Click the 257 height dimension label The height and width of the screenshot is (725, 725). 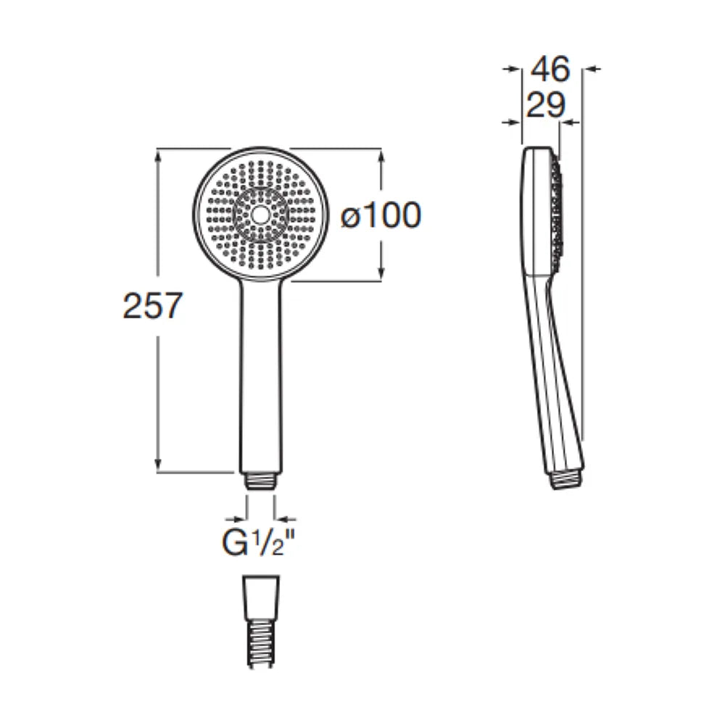tap(152, 306)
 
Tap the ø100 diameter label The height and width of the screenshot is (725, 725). tap(381, 215)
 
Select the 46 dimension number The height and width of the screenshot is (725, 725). tap(550, 70)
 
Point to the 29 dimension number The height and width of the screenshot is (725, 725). tap(546, 105)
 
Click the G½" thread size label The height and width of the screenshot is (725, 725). tap(258, 544)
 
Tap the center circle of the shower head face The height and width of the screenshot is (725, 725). tap(260, 215)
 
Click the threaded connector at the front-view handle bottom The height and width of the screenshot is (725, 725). tap(260, 481)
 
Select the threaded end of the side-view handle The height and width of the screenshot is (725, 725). tap(568, 479)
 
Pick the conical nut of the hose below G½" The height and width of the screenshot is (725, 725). tap(261, 597)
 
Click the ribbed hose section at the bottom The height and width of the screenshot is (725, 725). tap(261, 642)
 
